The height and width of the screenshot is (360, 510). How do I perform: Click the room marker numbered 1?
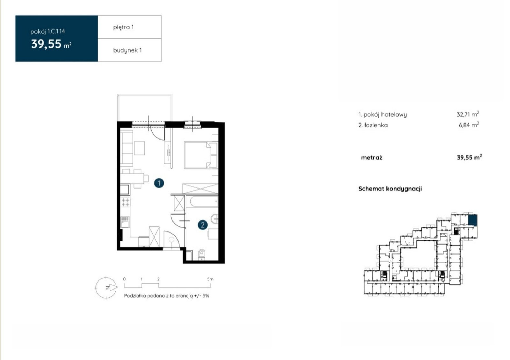(x=159, y=183)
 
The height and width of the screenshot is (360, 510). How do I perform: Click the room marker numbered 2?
(x=203, y=225)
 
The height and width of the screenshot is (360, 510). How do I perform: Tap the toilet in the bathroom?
(x=202, y=254)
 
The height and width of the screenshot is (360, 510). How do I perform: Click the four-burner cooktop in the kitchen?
(x=126, y=202)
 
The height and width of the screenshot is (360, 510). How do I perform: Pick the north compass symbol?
(x=106, y=288)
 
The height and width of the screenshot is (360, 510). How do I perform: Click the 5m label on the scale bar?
(x=210, y=279)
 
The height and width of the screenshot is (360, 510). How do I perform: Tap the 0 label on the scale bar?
(x=124, y=279)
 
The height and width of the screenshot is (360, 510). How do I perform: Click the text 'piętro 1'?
(x=123, y=27)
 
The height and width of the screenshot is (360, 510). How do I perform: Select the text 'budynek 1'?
(x=127, y=50)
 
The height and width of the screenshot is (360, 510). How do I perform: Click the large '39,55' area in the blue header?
(x=47, y=44)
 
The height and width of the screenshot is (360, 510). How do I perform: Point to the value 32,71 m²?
(x=468, y=114)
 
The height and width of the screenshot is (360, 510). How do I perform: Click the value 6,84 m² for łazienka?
(x=469, y=125)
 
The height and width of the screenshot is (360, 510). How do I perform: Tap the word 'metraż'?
(x=372, y=158)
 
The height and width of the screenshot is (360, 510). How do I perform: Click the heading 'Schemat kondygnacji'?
(x=390, y=189)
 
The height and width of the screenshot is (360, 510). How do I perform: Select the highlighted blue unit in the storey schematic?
(x=473, y=220)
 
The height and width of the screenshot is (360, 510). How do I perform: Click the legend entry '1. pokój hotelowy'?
(x=382, y=114)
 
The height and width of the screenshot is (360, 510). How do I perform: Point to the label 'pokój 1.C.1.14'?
(x=47, y=32)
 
